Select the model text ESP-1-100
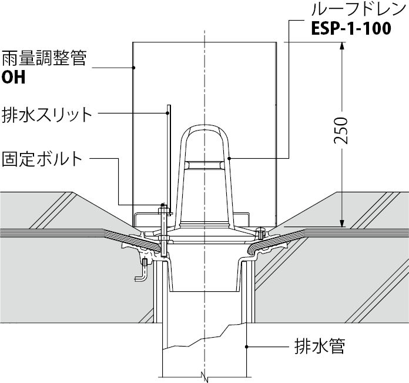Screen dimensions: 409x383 coord(351,28)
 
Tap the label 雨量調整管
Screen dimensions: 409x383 coord(44,58)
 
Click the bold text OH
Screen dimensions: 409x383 coord(14,77)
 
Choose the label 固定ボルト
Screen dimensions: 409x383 coord(42,158)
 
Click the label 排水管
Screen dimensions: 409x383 coord(320,346)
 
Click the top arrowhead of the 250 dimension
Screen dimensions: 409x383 coord(342,46)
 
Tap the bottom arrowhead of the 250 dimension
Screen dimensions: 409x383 coord(342,222)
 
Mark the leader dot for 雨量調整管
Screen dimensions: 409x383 coord(133,68)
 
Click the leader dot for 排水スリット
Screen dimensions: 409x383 coord(167,113)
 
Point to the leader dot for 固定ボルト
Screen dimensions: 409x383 coord(163,204)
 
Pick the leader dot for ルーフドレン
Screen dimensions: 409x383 coord(229,158)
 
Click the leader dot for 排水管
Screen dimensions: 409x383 coord(246,347)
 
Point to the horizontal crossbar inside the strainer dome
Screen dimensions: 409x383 coord(204,165)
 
